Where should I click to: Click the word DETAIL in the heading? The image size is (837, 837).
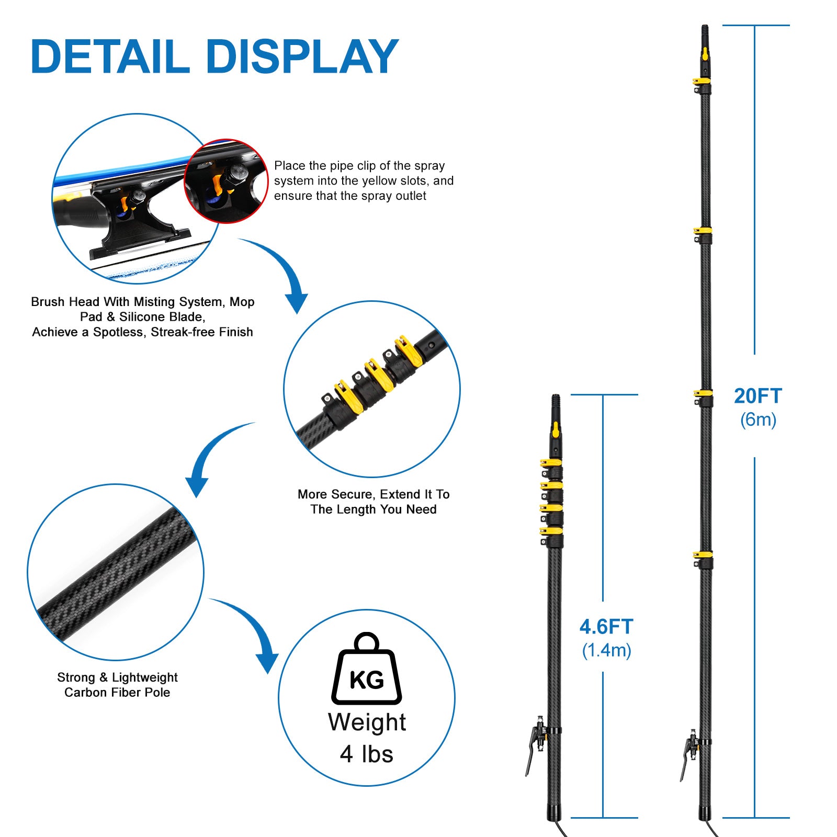pyautogui.click(x=110, y=56)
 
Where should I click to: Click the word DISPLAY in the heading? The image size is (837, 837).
pyautogui.click(x=302, y=56)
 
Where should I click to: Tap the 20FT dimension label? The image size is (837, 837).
pyautogui.click(x=757, y=396)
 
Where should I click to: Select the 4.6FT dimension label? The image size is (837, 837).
pyautogui.click(x=606, y=627)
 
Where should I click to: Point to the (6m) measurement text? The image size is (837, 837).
pyautogui.click(x=758, y=420)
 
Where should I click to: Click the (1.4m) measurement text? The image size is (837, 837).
pyautogui.click(x=606, y=650)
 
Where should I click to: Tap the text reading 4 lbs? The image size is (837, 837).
pyautogui.click(x=366, y=754)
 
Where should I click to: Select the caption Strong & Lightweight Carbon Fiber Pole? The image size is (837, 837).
pyautogui.click(x=117, y=685)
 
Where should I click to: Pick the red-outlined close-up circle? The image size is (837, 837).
pyautogui.click(x=226, y=181)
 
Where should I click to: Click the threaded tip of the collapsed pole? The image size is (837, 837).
pyautogui.click(x=556, y=402)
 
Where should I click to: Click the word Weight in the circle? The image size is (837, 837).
pyautogui.click(x=367, y=722)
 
